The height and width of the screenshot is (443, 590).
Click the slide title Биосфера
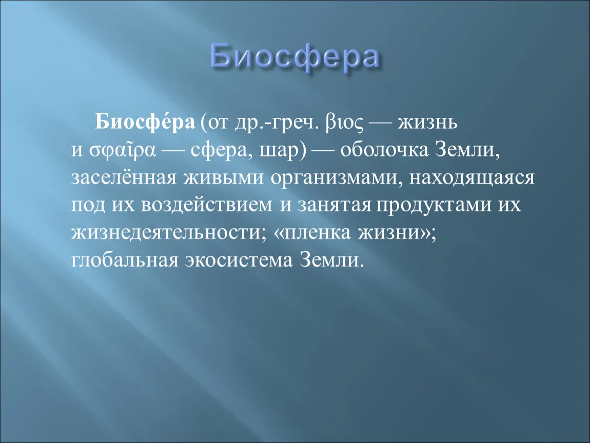point(294,57)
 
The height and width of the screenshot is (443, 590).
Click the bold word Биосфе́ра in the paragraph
point(145,122)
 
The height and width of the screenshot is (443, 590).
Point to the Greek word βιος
point(345,123)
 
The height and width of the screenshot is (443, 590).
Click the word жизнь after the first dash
point(427,123)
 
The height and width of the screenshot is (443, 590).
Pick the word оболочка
point(384,149)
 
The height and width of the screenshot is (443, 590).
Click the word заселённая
point(124,177)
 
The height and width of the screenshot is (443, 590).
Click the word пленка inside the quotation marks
point(316,233)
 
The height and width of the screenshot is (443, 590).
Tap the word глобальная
point(125,260)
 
